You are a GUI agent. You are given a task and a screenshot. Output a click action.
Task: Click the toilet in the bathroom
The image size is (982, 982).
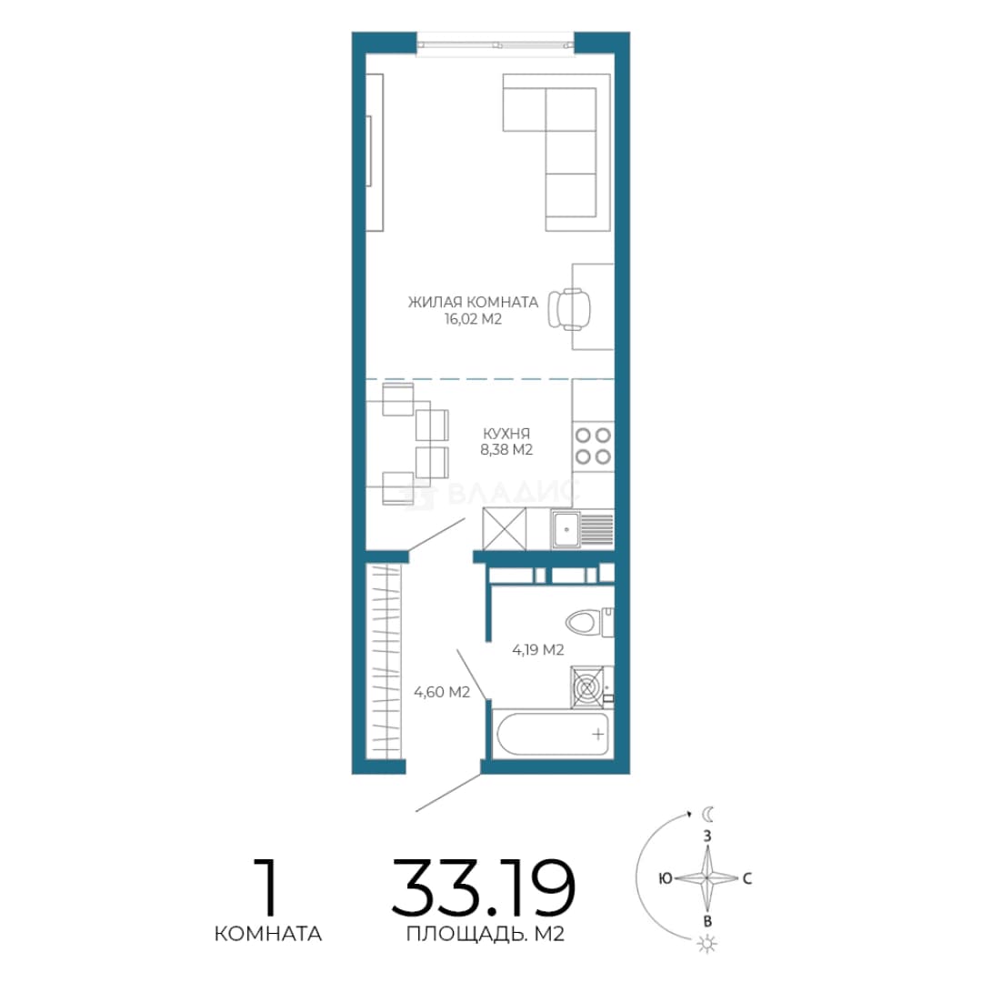pos(589,622)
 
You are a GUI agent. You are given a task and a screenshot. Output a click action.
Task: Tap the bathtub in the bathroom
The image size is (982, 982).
pos(552,734)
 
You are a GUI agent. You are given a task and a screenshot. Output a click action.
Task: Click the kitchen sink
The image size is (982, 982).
pos(582,529)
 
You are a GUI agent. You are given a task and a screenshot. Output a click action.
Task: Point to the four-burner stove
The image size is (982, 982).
pos(593,446)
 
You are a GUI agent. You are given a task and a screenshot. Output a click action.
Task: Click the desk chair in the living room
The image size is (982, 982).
pos(569,309)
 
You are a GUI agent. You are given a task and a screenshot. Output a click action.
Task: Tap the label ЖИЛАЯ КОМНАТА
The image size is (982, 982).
pos(473,302)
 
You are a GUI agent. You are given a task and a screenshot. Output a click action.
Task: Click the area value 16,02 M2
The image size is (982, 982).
pos(474,319)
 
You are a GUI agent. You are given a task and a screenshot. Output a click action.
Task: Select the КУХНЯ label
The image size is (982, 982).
pos(506,433)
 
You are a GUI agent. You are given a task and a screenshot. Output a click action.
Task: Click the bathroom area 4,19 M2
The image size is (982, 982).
pos(538,649)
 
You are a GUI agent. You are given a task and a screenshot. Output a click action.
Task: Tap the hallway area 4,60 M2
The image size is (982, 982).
pos(442,692)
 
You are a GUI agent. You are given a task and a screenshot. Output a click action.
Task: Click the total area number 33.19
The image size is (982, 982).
pos(484,887)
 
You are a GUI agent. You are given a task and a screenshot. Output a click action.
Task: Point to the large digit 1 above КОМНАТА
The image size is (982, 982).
pos(267,887)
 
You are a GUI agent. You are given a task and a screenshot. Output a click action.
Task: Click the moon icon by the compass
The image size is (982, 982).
pos(707,814)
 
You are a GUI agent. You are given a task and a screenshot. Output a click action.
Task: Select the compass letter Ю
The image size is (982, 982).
pos(665,878)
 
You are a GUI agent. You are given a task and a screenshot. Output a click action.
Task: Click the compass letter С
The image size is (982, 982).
pos(747,878)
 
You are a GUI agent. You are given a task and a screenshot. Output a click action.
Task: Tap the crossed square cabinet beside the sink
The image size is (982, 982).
pos(504,529)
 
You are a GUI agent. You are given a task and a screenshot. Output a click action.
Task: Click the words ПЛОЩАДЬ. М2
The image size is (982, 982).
pos(486,934)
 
